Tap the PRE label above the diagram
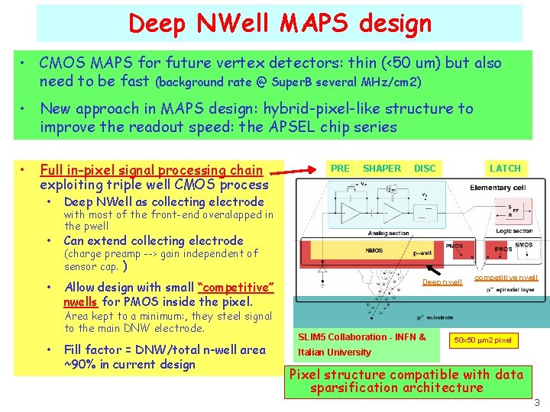coord(340,169)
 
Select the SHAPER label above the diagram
coord(382,169)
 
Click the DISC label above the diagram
coord(425,169)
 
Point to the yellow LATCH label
coord(505,169)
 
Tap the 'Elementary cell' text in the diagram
coord(497,188)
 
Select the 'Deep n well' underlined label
coord(442,282)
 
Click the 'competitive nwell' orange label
coord(506,278)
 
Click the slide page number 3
coord(537,402)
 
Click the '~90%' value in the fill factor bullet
coord(82,364)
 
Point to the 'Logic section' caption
coord(513,230)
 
